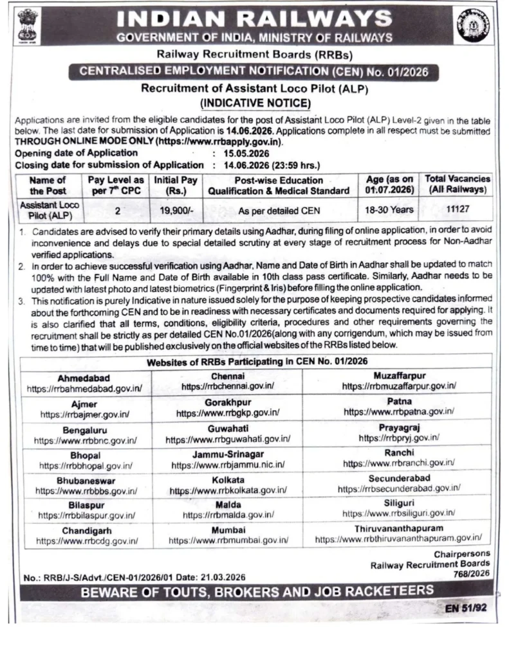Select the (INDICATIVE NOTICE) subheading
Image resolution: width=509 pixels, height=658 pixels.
(255, 103)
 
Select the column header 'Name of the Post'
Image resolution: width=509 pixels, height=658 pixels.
(48, 186)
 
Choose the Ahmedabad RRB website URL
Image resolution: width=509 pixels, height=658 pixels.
(84, 389)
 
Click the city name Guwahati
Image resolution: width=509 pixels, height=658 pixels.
(228, 429)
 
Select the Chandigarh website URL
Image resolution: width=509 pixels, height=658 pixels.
(87, 541)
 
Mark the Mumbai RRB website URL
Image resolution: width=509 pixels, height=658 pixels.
(228, 541)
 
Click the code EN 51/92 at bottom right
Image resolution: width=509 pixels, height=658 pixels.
(465, 606)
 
